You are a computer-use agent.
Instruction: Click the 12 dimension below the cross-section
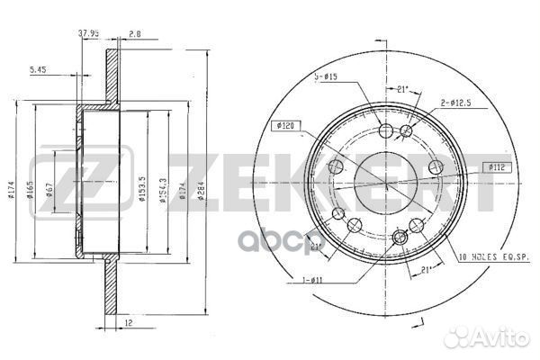(130, 321)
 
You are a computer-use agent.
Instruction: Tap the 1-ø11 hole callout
(313, 279)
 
